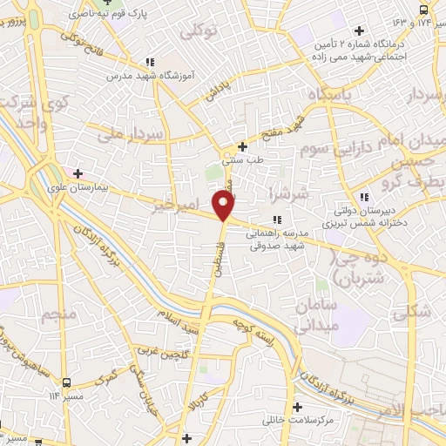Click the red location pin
pos(224,205)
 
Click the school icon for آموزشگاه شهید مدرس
pos(151,63)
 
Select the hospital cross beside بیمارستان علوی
pos(79,172)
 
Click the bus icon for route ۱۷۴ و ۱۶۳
pos(424,10)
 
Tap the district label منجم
pos(65,311)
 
